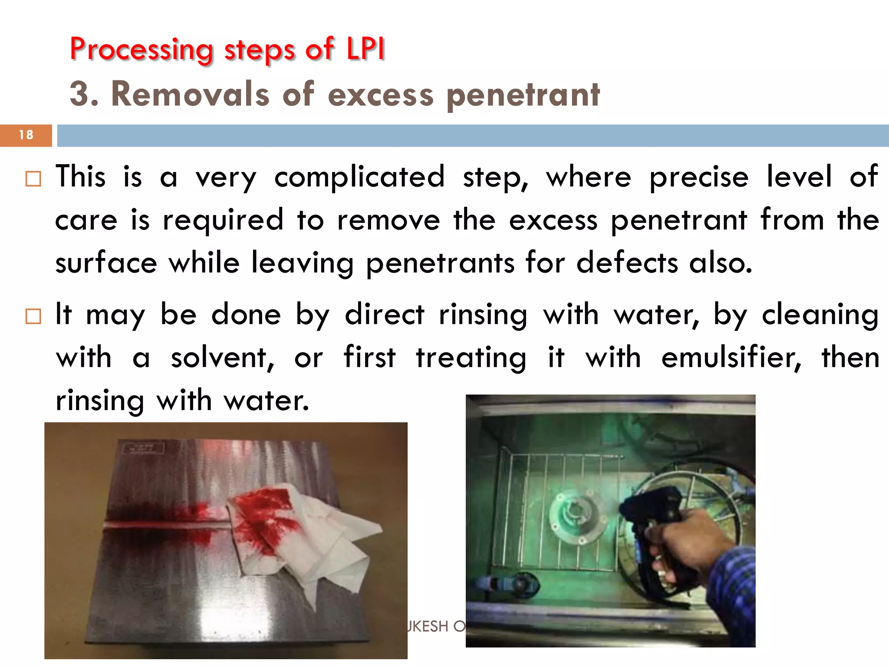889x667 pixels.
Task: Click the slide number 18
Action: tap(26, 135)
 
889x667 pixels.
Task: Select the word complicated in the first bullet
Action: tap(359, 177)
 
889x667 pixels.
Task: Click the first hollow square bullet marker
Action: tap(33, 179)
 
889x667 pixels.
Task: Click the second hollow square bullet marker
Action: tap(33, 316)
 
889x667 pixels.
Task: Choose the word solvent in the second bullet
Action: tap(223, 358)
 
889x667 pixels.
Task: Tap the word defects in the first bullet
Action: tap(627, 263)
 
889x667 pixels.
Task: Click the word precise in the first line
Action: tap(699, 177)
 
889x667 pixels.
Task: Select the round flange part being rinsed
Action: tap(577, 517)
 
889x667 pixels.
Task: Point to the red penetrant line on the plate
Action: tap(165, 525)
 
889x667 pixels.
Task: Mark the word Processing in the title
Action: tap(142, 50)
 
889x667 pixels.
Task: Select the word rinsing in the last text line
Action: tap(100, 400)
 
